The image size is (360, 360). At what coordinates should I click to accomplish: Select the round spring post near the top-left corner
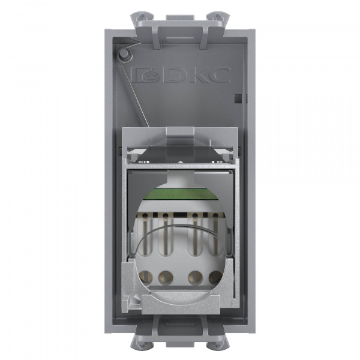[x=124, y=55]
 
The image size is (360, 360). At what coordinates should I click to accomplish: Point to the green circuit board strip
[x=180, y=193]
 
